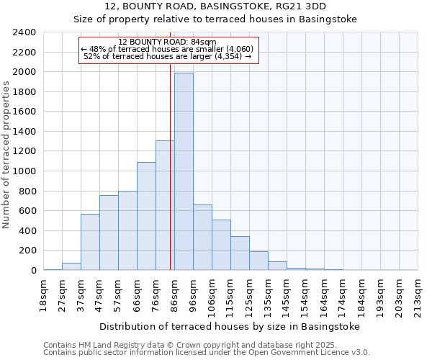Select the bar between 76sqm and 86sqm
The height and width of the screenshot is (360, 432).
(x=165, y=205)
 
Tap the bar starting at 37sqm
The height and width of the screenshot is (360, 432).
(x=90, y=242)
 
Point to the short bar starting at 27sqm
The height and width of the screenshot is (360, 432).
(x=71, y=266)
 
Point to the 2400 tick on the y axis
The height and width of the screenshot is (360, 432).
(x=25, y=32)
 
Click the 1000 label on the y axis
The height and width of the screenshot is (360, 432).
(x=25, y=171)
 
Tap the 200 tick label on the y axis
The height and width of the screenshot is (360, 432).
(x=27, y=251)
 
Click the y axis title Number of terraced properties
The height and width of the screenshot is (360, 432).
(x=6, y=155)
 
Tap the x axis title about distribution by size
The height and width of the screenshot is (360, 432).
(x=229, y=326)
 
